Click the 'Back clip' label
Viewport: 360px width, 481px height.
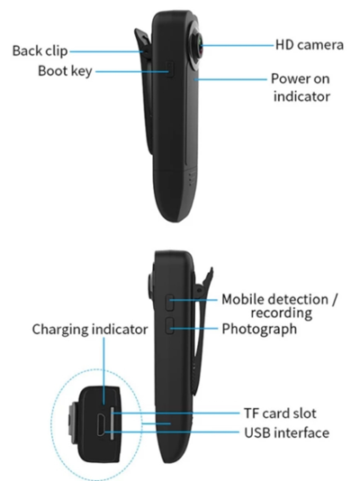(40, 51)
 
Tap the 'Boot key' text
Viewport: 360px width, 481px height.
(65, 71)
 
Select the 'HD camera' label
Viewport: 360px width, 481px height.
(310, 45)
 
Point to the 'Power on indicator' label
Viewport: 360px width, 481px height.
(301, 87)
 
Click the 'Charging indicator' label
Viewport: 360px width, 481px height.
(90, 330)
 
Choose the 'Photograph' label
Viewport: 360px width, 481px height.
(259, 329)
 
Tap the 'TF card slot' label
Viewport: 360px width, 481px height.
(280, 413)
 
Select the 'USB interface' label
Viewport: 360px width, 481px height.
(287, 433)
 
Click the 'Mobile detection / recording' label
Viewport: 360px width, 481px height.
(279, 306)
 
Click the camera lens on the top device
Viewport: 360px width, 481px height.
(198, 45)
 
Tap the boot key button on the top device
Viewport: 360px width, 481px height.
(169, 69)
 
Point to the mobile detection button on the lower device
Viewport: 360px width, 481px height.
(170, 303)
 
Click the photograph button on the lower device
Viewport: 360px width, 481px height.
(170, 325)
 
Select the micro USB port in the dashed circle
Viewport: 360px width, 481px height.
(102, 424)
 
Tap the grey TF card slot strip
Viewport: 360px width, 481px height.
(112, 423)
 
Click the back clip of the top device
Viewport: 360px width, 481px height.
(145, 92)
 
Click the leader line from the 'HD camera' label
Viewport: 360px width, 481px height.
(237, 45)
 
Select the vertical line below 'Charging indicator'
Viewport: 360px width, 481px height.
(103, 371)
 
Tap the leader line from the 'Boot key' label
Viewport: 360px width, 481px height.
(132, 72)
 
